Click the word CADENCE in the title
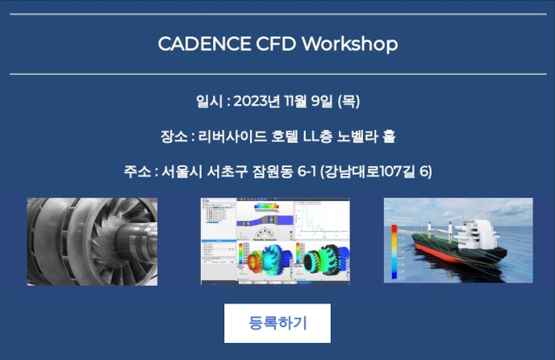coord(204,44)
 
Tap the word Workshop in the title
coord(350,44)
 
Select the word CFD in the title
coord(276,44)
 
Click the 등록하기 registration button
coord(277,323)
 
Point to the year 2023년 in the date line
coord(257,102)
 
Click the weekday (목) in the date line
coord(348,102)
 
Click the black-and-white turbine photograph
coord(92,241)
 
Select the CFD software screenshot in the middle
coord(275,241)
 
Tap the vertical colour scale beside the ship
coord(394,252)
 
